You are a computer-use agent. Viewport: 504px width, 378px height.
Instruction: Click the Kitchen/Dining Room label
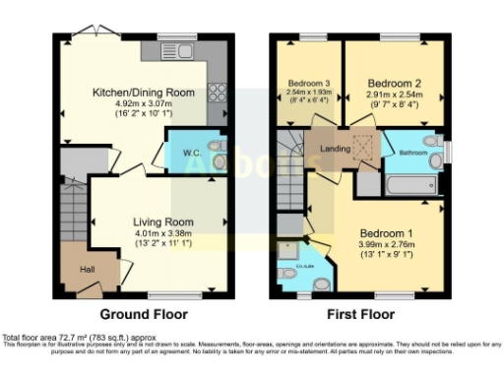click(x=144, y=93)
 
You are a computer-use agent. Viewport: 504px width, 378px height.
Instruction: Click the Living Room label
click(x=164, y=221)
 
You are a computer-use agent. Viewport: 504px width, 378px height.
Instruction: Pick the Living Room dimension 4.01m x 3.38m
click(x=164, y=233)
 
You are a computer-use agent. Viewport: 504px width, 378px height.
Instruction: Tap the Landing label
click(x=336, y=151)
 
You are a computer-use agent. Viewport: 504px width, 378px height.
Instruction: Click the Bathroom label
click(x=413, y=153)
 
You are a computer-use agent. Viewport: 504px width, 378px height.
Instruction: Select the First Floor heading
click(x=360, y=314)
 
